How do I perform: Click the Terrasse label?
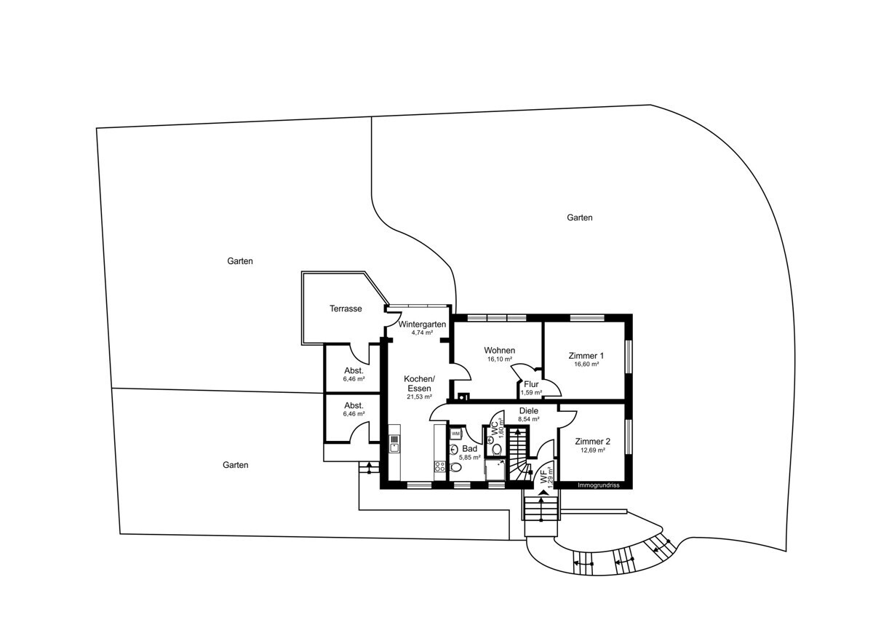click(x=346, y=308)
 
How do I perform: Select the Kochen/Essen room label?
click(x=419, y=383)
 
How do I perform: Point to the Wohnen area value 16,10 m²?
click(x=500, y=359)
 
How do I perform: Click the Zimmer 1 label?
click(x=586, y=356)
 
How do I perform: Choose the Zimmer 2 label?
click(x=592, y=441)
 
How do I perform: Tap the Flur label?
click(x=531, y=384)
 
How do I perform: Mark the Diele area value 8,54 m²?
click(x=528, y=419)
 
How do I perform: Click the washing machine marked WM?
click(x=455, y=434)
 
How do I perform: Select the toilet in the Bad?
click(x=455, y=468)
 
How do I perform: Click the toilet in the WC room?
click(x=498, y=450)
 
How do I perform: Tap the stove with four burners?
click(x=440, y=467)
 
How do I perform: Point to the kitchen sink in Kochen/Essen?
click(x=394, y=444)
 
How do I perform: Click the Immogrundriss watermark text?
click(x=598, y=485)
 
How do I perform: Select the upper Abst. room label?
click(x=354, y=370)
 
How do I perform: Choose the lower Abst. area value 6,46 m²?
click(x=354, y=414)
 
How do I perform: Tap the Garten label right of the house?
click(x=580, y=218)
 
